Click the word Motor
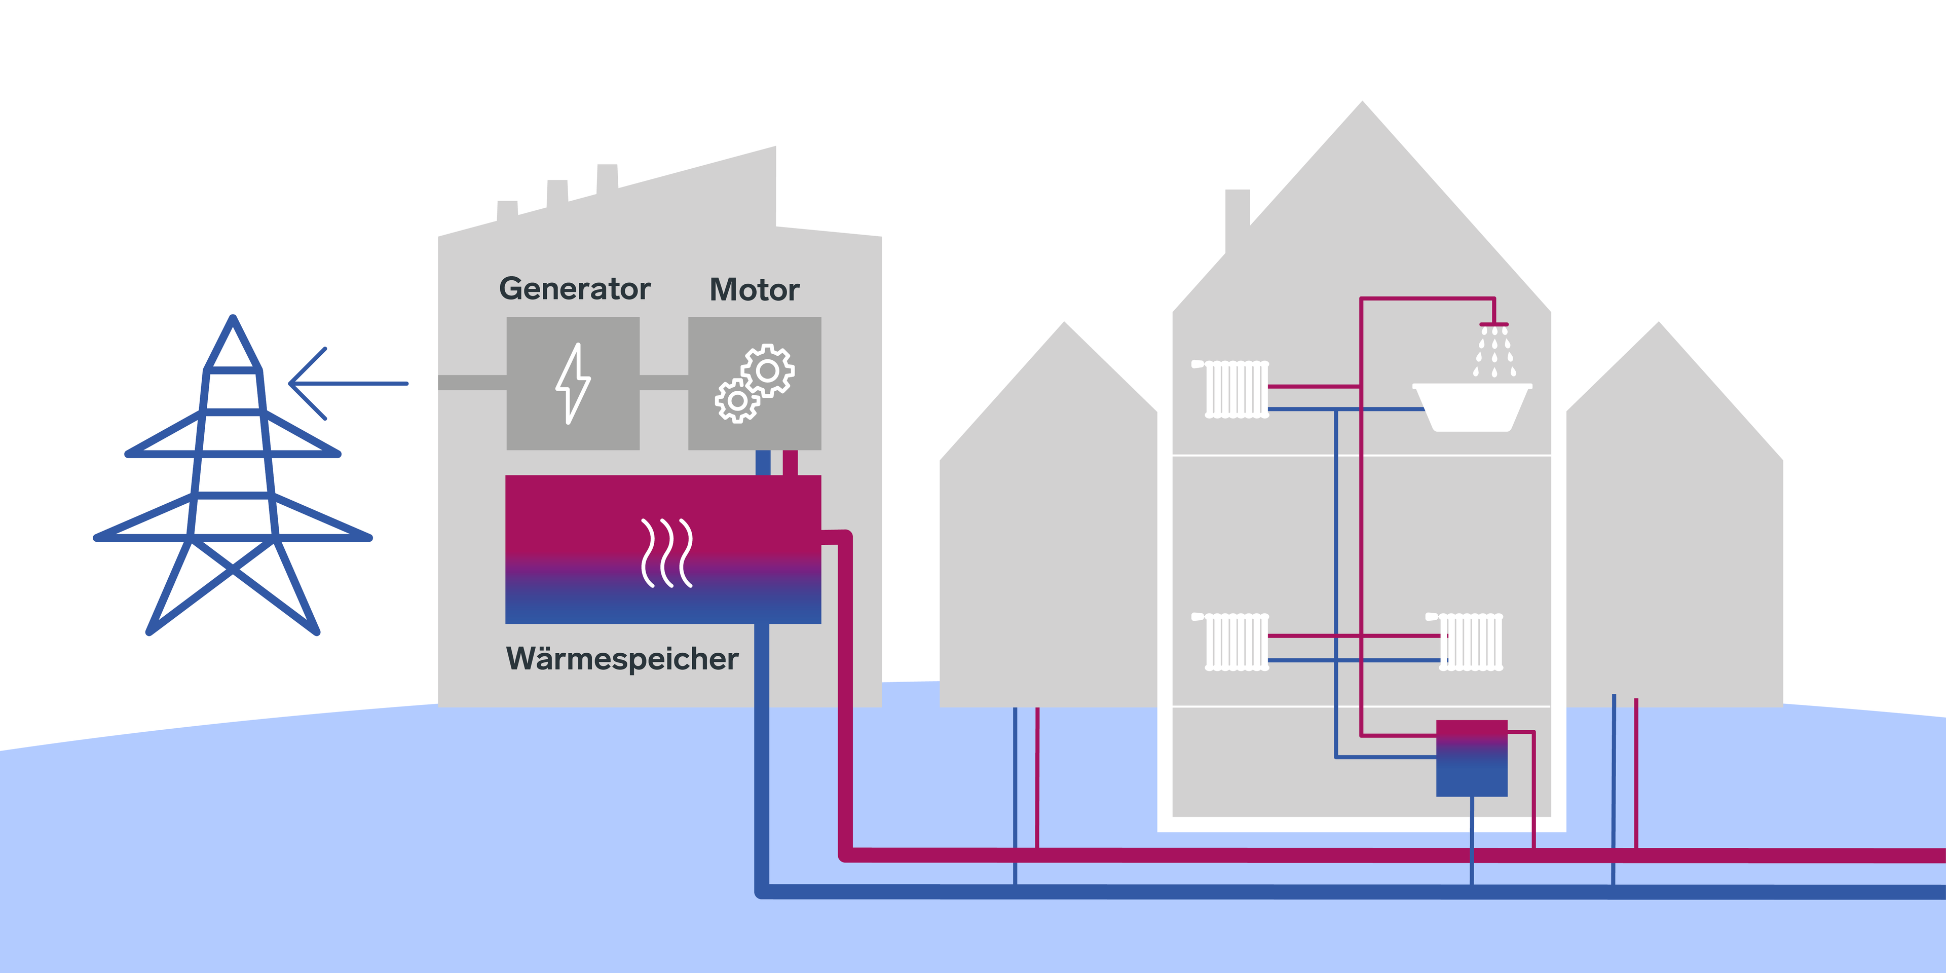tap(754, 290)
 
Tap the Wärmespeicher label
tap(622, 659)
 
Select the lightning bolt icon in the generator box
tap(573, 384)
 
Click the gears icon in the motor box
tap(755, 384)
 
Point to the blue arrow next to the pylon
tap(348, 384)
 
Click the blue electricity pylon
tap(233, 476)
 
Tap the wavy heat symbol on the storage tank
tap(666, 553)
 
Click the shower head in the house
tap(1493, 326)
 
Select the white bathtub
tap(1472, 408)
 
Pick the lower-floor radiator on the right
tap(1470, 642)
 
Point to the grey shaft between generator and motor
tap(663, 383)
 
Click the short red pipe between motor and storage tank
tap(790, 462)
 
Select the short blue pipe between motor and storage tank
tap(763, 462)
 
